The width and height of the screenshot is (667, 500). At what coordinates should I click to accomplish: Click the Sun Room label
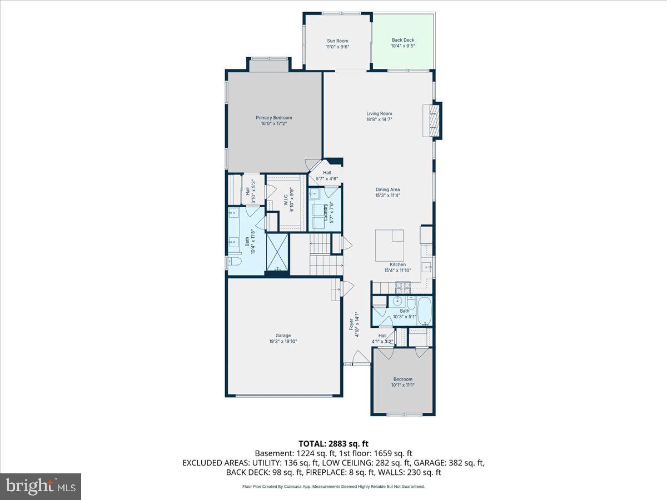coord(337,41)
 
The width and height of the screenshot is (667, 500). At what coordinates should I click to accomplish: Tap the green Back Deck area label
coord(402,40)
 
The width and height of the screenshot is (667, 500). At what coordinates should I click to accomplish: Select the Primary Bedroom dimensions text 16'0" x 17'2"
coord(273,124)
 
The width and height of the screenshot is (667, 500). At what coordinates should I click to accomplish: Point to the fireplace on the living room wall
coord(433,120)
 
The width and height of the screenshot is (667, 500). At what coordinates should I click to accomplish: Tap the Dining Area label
coord(387,189)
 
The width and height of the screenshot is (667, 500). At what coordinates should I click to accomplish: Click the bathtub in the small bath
coord(424,311)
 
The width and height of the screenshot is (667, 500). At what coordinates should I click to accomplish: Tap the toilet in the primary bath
coord(233,263)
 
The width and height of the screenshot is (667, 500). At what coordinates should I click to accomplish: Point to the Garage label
coord(283,336)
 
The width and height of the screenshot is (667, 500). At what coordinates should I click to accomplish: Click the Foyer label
coord(351,324)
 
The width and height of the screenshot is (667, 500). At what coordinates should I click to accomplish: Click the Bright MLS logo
coord(41,487)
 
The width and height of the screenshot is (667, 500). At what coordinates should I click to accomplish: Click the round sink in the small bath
coord(397,302)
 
